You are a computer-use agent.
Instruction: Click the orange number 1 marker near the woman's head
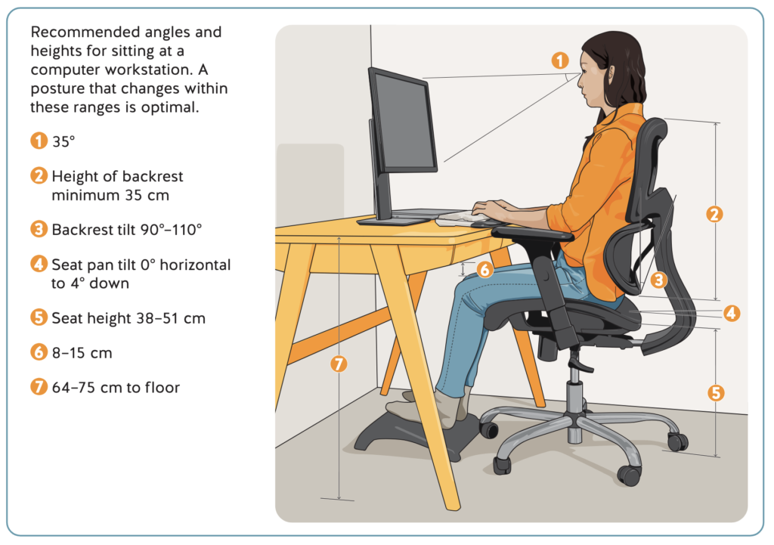tap(560, 60)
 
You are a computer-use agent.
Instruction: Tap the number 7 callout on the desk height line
tap(339, 364)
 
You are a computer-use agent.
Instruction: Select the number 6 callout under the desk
tap(485, 270)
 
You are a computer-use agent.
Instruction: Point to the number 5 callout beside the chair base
tap(716, 393)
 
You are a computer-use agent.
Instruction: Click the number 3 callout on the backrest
tap(658, 280)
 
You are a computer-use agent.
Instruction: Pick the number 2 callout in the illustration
tap(714, 214)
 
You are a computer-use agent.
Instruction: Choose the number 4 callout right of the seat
tap(732, 313)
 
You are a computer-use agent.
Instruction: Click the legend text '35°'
tap(63, 141)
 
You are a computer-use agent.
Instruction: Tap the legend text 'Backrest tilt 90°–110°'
tap(127, 230)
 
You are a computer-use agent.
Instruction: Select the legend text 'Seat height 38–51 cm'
tap(128, 318)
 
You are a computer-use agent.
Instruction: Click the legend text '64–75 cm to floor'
tap(116, 388)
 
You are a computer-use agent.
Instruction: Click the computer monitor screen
tap(404, 122)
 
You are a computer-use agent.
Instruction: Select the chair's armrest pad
tap(532, 233)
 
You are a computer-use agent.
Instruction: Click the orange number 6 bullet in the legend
tap(39, 352)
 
